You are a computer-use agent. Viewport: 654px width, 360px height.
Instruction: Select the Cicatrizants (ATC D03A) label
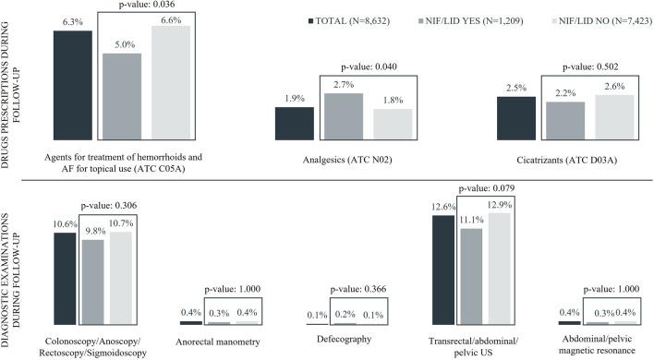(565, 160)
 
